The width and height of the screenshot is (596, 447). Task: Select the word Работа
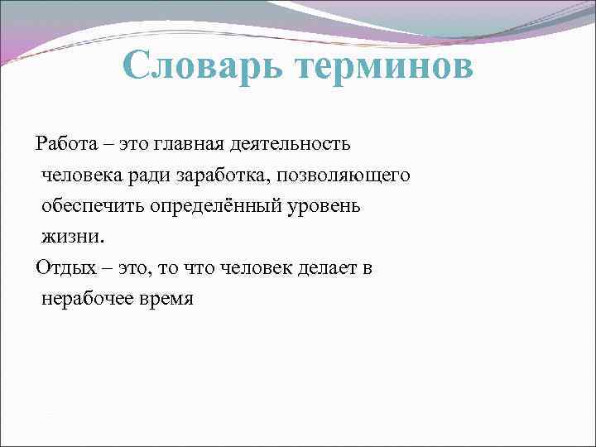(64, 143)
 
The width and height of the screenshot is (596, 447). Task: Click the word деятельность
(295, 143)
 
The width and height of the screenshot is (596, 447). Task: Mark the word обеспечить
(93, 205)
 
